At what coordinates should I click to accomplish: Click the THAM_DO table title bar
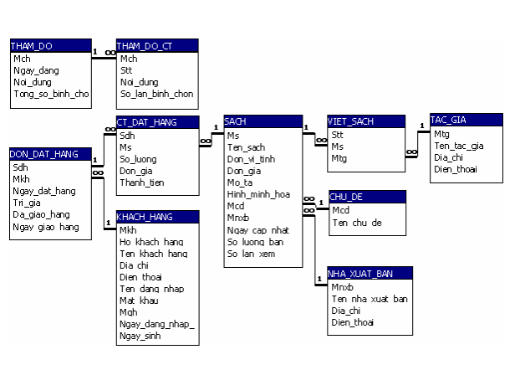(x=49, y=45)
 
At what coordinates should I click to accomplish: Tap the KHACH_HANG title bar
(x=157, y=217)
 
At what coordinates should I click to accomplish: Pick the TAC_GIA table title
(x=466, y=120)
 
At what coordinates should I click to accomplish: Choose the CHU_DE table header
(x=367, y=197)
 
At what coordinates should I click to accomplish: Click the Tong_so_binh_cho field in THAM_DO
(x=51, y=94)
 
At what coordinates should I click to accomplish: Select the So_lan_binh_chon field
(x=156, y=94)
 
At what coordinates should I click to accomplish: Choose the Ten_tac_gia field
(x=458, y=145)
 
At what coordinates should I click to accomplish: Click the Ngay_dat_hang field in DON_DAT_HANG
(x=43, y=190)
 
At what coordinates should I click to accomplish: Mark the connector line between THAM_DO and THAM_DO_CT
(x=104, y=58)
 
